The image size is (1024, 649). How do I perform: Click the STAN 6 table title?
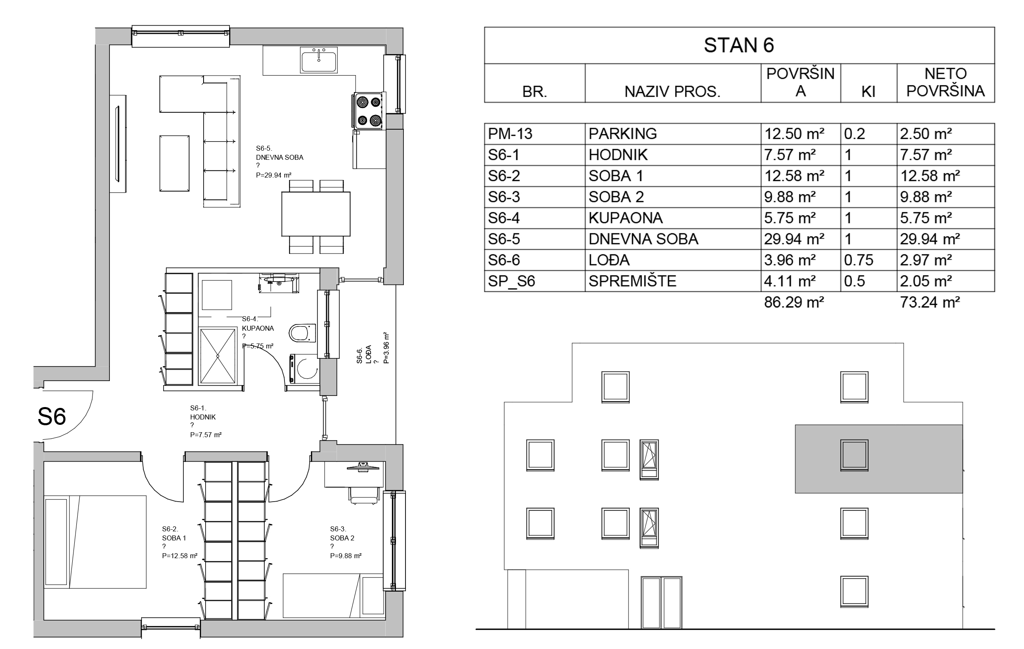pyautogui.click(x=739, y=45)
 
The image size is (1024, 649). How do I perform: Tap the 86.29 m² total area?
pyautogui.click(x=794, y=302)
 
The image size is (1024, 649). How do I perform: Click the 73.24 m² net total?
pyautogui.click(x=930, y=302)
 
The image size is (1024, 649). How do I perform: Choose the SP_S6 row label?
pyautogui.click(x=511, y=281)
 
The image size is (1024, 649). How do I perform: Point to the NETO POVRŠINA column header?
pyautogui.click(x=946, y=82)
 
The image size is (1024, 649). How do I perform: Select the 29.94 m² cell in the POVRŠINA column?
pyautogui.click(x=794, y=239)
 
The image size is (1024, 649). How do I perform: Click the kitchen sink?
pyautogui.click(x=319, y=59)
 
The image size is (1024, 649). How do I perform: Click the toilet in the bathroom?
pyautogui.click(x=302, y=333)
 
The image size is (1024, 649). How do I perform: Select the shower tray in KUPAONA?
pyautogui.click(x=218, y=355)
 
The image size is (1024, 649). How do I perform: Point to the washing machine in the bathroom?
pyautogui.click(x=303, y=368)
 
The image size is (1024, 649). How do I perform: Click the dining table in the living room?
pyautogui.click(x=315, y=214)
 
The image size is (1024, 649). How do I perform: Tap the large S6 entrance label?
pyautogui.click(x=52, y=417)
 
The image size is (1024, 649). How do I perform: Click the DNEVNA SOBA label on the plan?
pyautogui.click(x=280, y=157)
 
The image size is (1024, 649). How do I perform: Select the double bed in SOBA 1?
pyautogui.click(x=95, y=542)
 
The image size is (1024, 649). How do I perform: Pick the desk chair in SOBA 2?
pyautogui.click(x=364, y=495)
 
